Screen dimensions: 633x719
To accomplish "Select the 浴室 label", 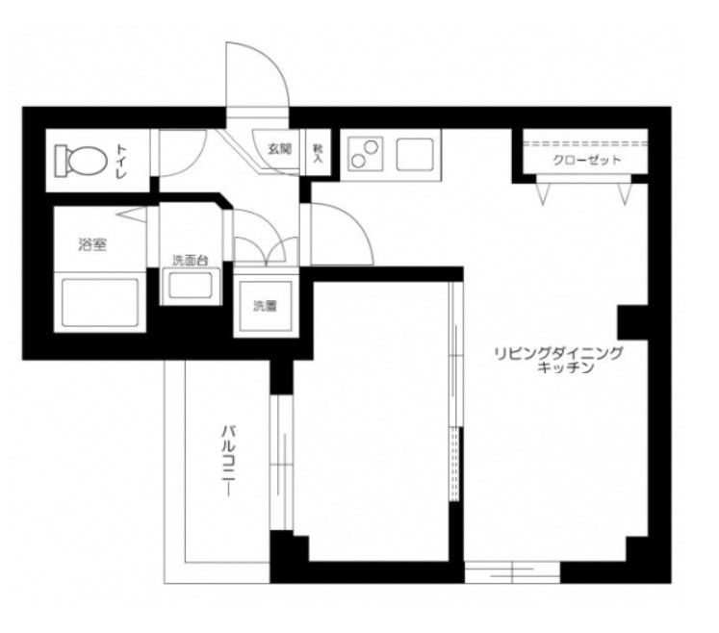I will (92, 245).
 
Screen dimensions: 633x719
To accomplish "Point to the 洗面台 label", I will (190, 261).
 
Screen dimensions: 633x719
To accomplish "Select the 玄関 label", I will (279, 149).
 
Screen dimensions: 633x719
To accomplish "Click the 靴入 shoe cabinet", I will (319, 154).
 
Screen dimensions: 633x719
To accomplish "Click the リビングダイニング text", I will (557, 353).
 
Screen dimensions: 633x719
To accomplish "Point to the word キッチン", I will (564, 368).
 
